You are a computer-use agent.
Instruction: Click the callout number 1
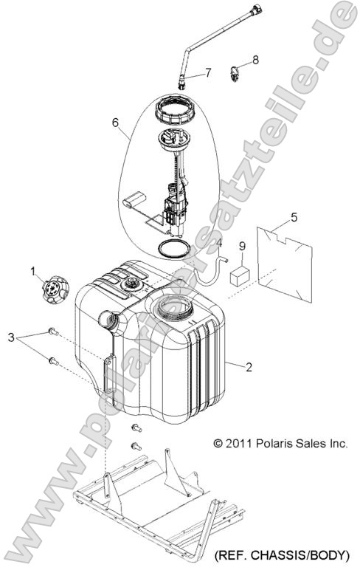[33, 270]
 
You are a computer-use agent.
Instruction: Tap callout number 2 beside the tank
[249, 367]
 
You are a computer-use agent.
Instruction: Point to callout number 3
[11, 337]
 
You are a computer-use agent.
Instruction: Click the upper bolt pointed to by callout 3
[53, 332]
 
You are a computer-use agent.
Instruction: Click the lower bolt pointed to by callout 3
[53, 361]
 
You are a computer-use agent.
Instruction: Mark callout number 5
[294, 217]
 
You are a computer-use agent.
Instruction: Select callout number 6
[115, 123]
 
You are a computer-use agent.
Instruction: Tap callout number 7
[208, 72]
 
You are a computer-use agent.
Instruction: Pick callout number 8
[255, 60]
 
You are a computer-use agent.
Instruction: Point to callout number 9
[242, 247]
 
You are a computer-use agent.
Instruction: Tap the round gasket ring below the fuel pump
[174, 249]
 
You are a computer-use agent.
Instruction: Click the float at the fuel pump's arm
[134, 200]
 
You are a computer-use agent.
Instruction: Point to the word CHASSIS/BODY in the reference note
[300, 555]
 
